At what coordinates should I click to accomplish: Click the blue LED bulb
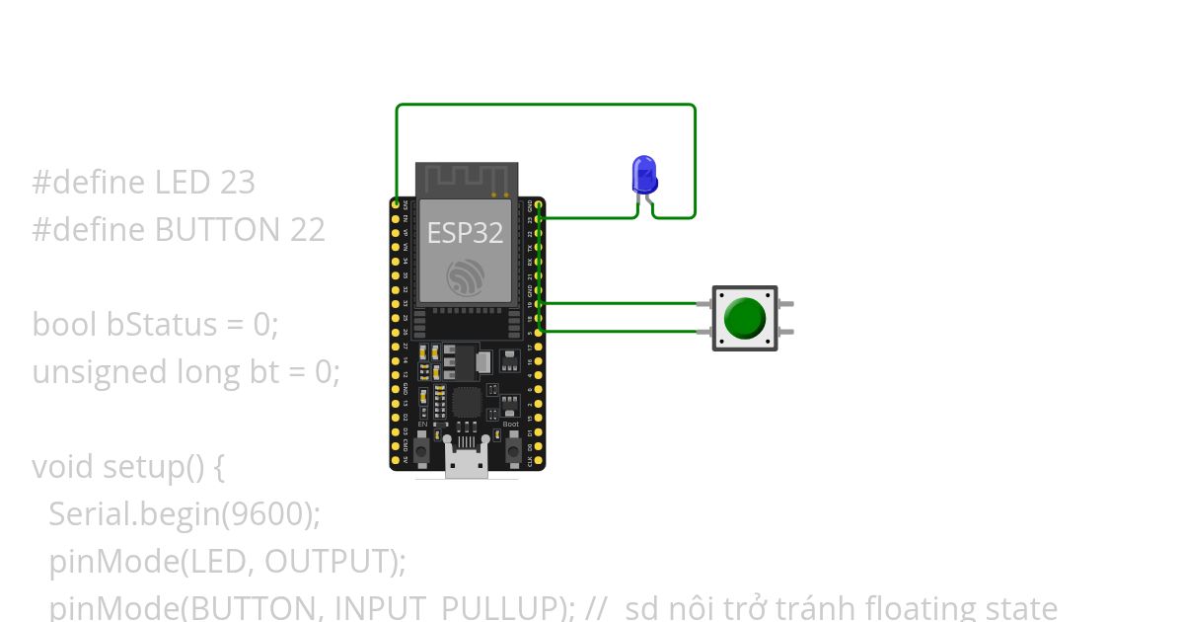tap(643, 174)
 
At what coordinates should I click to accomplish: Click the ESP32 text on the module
tap(465, 233)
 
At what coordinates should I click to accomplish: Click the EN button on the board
tap(422, 449)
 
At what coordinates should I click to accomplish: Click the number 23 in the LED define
tap(238, 183)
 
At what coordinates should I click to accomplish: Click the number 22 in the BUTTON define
tap(308, 230)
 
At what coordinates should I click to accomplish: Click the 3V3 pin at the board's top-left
tap(397, 204)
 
